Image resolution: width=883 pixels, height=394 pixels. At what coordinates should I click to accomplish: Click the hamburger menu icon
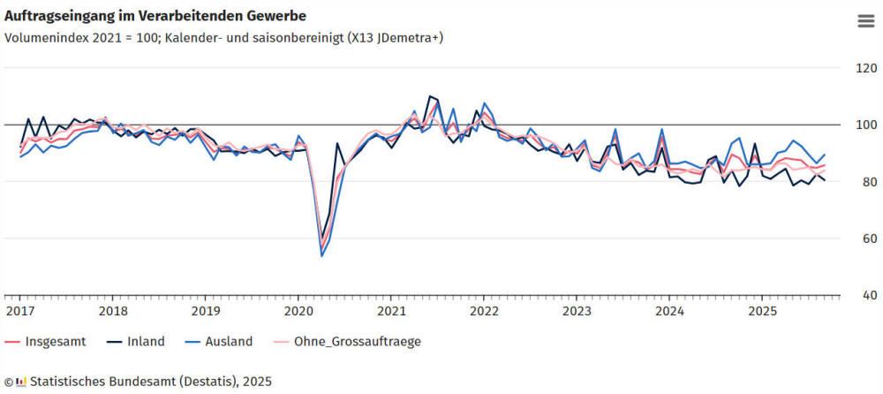pyautogui.click(x=865, y=22)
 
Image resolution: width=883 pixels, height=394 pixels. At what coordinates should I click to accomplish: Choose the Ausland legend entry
pyautogui.click(x=225, y=341)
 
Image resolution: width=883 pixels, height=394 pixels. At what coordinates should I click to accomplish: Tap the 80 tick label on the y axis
pyautogui.click(x=864, y=182)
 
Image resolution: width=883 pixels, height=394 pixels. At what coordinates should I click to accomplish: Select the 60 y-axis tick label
pyautogui.click(x=864, y=239)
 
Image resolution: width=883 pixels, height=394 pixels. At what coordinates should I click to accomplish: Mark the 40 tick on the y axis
pyautogui.click(x=864, y=295)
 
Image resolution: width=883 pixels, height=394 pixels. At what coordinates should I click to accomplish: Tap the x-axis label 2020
pyautogui.click(x=298, y=311)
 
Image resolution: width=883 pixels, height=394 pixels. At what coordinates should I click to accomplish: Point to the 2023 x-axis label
pyautogui.click(x=577, y=311)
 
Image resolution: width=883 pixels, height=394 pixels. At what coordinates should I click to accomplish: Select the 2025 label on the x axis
pyautogui.click(x=763, y=311)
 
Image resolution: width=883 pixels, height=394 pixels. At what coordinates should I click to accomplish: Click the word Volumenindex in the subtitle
pyautogui.click(x=42, y=37)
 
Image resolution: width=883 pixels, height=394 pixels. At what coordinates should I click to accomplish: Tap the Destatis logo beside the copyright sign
pyautogui.click(x=22, y=382)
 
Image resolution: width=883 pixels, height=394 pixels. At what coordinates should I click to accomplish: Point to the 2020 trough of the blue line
pyautogui.click(x=321, y=256)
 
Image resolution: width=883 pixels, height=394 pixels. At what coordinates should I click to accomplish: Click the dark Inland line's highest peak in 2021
pyautogui.click(x=429, y=96)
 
